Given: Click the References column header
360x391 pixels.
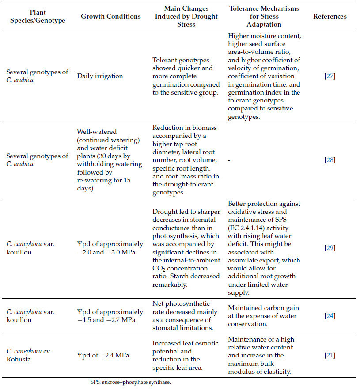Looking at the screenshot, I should point(330,16).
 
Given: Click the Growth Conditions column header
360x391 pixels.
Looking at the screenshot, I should point(111,16).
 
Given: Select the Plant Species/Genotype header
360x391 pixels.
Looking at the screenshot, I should point(38,16).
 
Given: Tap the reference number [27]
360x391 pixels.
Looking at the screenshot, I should point(330,76).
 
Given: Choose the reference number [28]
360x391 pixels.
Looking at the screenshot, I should point(330,160).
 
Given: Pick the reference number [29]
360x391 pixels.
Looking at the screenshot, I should point(330,248).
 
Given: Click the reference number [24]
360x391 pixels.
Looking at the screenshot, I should point(330,315).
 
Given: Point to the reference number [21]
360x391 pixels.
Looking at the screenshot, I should point(330,355).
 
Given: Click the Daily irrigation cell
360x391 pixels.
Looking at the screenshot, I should point(100,76).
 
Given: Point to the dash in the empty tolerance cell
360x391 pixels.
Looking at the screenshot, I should point(230,160).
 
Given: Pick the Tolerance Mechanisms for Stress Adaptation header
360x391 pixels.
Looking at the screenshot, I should point(264,16).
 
